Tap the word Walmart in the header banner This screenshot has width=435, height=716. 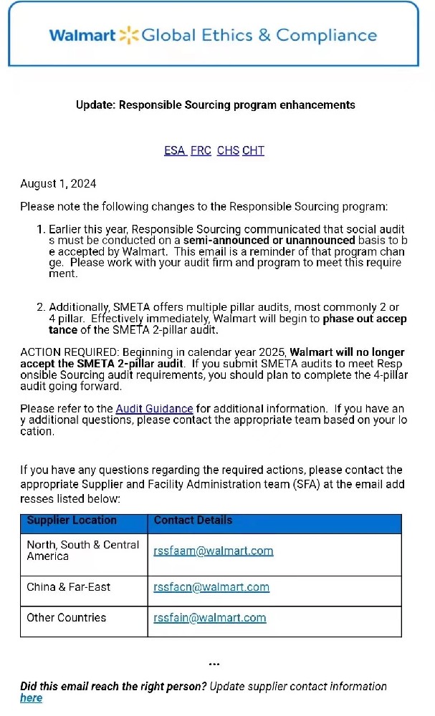[x=82, y=35]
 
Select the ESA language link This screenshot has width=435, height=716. [x=174, y=150]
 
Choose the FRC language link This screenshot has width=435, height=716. [x=201, y=150]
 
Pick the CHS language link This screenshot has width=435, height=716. [x=228, y=150]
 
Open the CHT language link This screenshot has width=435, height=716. [x=254, y=150]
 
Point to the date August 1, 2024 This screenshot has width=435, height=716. [x=58, y=184]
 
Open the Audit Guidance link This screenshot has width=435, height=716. [x=154, y=409]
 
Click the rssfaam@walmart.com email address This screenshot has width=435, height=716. [x=214, y=551]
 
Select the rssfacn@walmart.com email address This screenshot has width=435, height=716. [x=211, y=587]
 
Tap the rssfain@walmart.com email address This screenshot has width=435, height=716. [x=210, y=618]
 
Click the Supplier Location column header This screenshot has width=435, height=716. [x=72, y=521]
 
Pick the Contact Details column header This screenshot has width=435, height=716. [x=193, y=521]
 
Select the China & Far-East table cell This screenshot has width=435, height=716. [x=69, y=587]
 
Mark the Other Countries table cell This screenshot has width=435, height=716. [x=66, y=618]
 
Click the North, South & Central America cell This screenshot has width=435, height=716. [x=82, y=551]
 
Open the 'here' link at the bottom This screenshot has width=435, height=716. [x=31, y=698]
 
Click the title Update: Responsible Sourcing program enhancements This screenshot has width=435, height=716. [x=216, y=105]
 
